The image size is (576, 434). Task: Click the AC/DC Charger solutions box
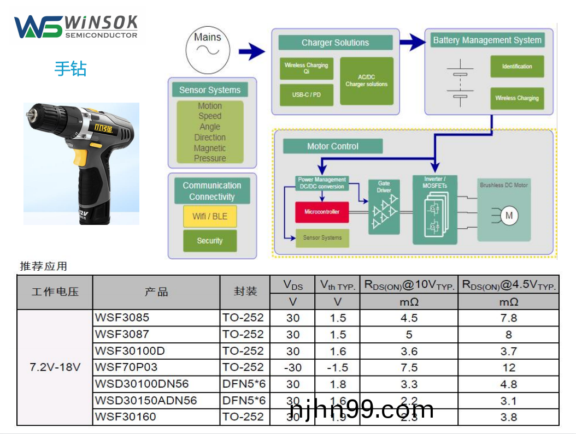click(x=366, y=81)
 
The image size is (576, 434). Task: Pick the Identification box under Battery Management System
click(x=516, y=67)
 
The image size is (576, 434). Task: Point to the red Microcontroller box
click(x=322, y=212)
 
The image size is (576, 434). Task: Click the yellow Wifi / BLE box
click(x=210, y=216)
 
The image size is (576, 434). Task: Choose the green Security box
click(x=210, y=241)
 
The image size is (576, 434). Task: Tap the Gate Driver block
click(x=384, y=207)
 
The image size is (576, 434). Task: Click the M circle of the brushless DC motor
click(x=509, y=216)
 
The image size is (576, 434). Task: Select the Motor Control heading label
click(x=333, y=146)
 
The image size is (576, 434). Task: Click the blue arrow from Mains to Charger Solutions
click(x=251, y=52)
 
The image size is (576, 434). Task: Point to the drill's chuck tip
click(x=29, y=115)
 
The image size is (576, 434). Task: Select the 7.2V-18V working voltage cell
click(x=55, y=367)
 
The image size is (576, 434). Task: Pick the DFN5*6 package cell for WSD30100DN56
click(x=244, y=384)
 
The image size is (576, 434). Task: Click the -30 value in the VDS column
click(x=293, y=367)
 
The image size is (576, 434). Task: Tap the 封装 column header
click(x=245, y=292)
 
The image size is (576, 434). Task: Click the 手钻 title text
click(x=70, y=69)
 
